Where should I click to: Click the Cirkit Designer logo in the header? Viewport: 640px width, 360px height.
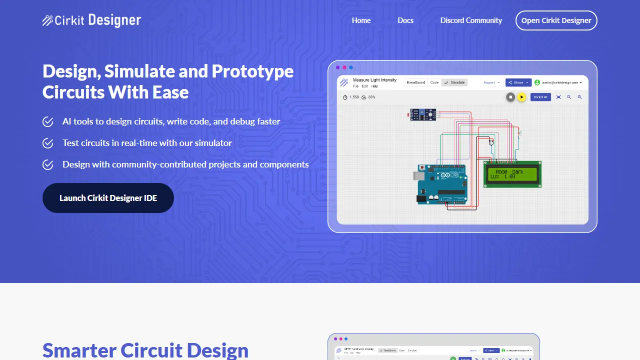click(91, 20)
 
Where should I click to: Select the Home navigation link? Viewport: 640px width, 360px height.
click(361, 20)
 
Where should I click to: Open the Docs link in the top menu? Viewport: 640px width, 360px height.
click(405, 20)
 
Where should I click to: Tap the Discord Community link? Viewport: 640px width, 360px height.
click(471, 20)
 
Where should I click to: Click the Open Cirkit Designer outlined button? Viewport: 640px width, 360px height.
click(556, 20)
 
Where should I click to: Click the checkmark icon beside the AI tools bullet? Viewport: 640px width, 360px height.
click(48, 121)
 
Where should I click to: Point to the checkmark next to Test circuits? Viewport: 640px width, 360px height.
click(48, 143)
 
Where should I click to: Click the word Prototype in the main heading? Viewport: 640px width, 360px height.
click(252, 71)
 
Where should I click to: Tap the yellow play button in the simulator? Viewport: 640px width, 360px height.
click(521, 97)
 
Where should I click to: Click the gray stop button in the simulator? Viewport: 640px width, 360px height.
click(510, 97)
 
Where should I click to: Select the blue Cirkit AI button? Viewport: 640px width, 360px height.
click(540, 97)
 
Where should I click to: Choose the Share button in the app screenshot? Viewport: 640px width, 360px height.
click(518, 82)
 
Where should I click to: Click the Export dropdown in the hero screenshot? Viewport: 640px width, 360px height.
click(491, 82)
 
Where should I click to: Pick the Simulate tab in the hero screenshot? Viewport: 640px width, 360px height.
click(455, 82)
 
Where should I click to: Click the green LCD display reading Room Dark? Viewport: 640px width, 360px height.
click(512, 174)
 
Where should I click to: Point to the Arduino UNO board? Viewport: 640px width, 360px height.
click(442, 184)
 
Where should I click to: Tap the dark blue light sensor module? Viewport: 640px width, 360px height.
click(422, 114)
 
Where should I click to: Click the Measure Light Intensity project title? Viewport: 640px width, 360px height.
click(374, 80)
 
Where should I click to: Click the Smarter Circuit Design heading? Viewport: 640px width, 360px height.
click(145, 350)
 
